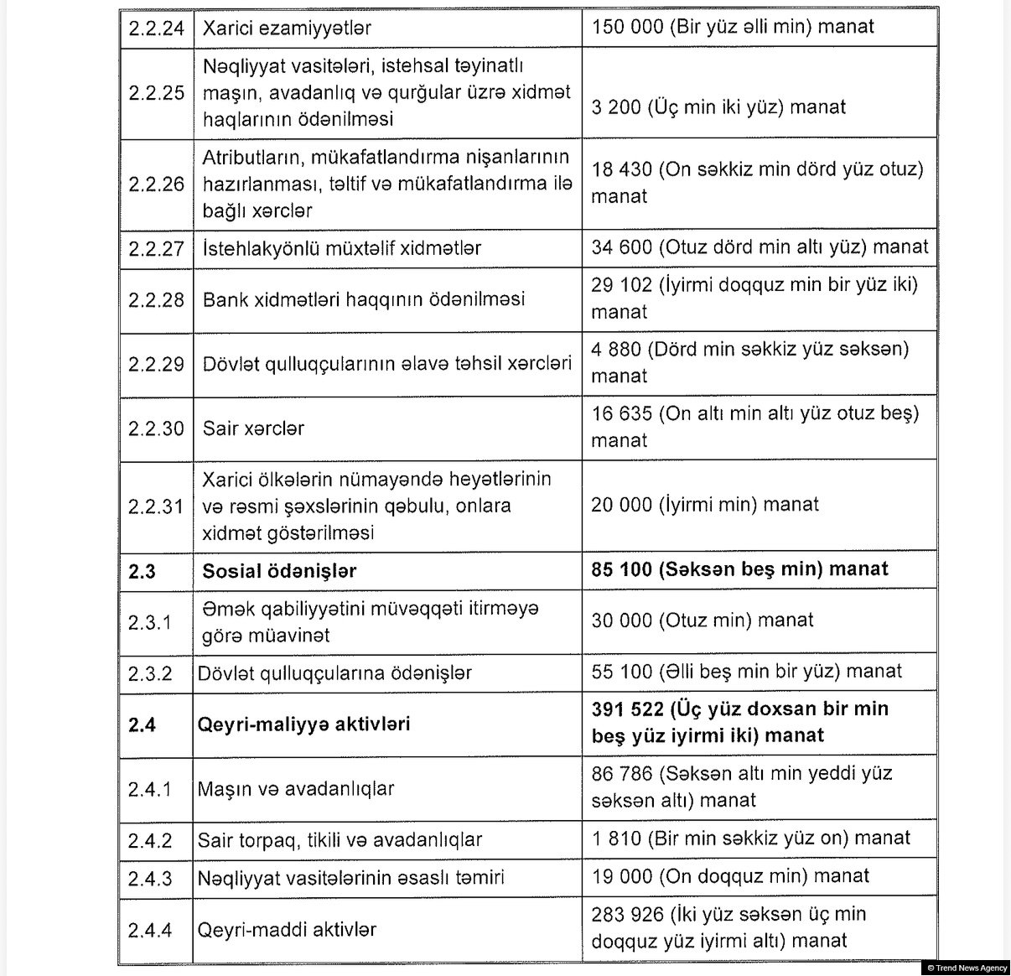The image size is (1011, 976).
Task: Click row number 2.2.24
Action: pos(156,28)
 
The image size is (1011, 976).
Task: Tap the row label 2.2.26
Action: pos(156,184)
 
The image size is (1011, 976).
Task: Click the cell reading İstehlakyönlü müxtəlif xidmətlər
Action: pos(342,248)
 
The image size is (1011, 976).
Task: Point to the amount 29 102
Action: pos(621,285)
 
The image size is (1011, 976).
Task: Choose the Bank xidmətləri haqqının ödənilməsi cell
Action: pos(364,299)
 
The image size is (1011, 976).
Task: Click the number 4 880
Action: pos(616,349)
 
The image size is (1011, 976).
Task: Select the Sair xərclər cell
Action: pos(253,428)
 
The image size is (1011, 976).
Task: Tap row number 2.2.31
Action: pos(156,506)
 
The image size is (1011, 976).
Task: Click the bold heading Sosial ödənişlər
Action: pos(279,571)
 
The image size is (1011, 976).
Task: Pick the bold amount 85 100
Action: pos(621,569)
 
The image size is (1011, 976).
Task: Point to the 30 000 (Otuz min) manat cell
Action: pos(703,620)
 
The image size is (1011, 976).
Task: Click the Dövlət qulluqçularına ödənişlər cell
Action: pos(334,673)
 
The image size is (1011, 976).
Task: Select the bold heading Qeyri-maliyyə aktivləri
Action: pos(303,724)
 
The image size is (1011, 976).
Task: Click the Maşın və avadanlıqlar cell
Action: pos(295,789)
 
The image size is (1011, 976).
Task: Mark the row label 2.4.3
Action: pos(150,878)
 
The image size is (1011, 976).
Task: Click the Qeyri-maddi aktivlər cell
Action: pos(287,929)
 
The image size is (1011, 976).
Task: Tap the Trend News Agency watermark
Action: pos(967,968)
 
